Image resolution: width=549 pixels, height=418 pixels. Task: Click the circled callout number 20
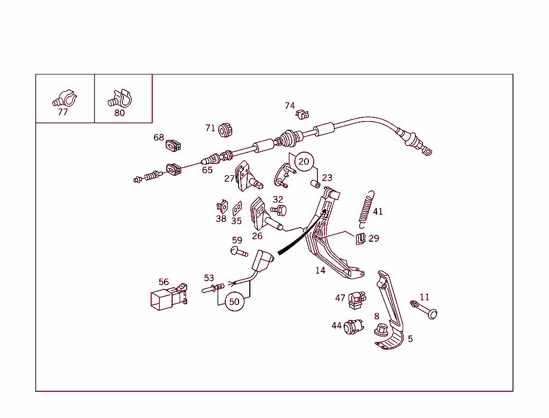[304, 161]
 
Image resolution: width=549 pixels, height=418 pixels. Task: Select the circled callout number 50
[234, 301]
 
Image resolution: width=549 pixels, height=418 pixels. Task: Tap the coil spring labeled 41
[366, 210]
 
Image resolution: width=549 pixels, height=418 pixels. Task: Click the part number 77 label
[63, 112]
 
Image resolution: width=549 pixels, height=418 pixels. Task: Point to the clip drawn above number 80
[120, 99]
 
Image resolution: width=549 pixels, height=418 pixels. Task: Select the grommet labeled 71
[225, 130]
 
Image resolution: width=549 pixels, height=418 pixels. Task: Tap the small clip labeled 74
[302, 114]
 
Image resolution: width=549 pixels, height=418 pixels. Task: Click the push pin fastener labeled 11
[424, 309]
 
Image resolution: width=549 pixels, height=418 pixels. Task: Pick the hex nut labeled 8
[381, 330]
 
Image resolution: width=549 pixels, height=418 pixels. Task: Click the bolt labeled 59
[239, 251]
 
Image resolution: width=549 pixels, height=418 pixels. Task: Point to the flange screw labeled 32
[279, 211]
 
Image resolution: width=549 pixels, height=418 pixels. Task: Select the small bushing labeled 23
[315, 184]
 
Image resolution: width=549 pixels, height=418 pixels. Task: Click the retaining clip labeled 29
[361, 239]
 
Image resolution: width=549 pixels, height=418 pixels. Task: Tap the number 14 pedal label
[320, 270]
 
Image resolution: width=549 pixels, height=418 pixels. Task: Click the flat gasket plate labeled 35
[237, 208]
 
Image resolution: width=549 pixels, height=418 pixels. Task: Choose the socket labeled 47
[357, 300]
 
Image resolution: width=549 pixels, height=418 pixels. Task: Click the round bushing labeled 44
[353, 326]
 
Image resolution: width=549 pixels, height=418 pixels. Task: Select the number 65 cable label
[207, 170]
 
